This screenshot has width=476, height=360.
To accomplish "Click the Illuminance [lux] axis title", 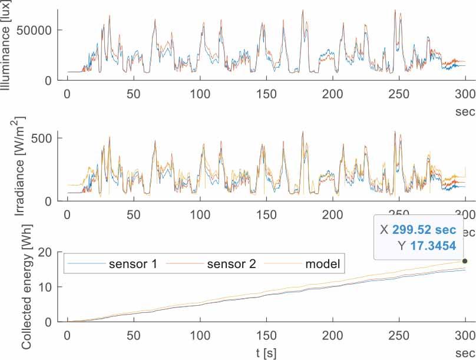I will point(8,46).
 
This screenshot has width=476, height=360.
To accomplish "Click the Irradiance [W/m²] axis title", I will point(8,165).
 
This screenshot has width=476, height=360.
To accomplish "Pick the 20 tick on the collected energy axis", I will point(49,252).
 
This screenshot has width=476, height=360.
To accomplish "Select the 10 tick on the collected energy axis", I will point(49,287).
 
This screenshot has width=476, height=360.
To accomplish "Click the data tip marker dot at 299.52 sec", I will point(464,261).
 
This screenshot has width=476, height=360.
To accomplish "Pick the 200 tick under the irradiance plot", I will point(333,214).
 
